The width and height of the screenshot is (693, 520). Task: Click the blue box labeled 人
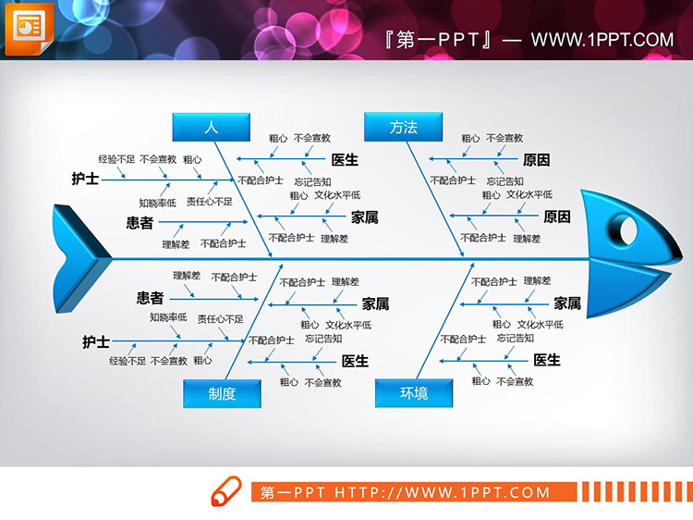pyautogui.click(x=211, y=128)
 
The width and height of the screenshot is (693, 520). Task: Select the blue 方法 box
pyautogui.click(x=404, y=128)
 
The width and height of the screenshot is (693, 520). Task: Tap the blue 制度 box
pyautogui.click(x=222, y=393)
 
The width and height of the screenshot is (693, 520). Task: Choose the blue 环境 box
pyautogui.click(x=414, y=393)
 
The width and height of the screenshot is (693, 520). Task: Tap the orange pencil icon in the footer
pyautogui.click(x=226, y=491)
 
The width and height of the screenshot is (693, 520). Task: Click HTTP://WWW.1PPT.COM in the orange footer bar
pyautogui.click(x=441, y=492)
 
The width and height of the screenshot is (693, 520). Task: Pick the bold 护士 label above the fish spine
pyautogui.click(x=85, y=178)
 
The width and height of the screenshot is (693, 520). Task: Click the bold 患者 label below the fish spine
pyautogui.click(x=150, y=298)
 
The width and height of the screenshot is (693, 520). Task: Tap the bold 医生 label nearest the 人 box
pyautogui.click(x=345, y=159)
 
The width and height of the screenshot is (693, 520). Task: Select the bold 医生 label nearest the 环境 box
pyautogui.click(x=547, y=360)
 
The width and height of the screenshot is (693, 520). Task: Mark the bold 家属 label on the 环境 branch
pyautogui.click(x=567, y=303)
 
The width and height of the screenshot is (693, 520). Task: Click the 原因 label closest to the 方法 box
pyautogui.click(x=536, y=160)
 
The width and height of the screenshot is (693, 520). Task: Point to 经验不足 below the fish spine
pyautogui.click(x=128, y=361)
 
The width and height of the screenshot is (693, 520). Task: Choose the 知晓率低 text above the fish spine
pyautogui.click(x=157, y=203)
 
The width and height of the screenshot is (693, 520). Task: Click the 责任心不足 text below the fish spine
pyautogui.click(x=220, y=318)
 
